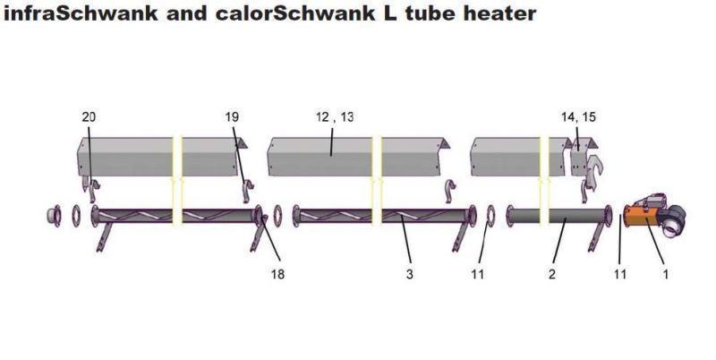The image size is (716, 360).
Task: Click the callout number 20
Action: point(89,117)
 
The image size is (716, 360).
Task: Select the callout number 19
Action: point(232,117)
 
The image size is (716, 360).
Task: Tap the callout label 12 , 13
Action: point(335,117)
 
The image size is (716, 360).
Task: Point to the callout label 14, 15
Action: point(578,117)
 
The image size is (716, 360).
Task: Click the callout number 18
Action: point(277,274)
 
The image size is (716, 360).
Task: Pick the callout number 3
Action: point(409,274)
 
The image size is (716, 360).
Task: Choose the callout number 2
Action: point(552,274)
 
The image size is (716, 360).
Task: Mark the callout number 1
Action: point(665,274)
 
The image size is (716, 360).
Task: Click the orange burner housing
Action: point(641,218)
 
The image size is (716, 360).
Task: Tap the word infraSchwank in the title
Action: point(81,13)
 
